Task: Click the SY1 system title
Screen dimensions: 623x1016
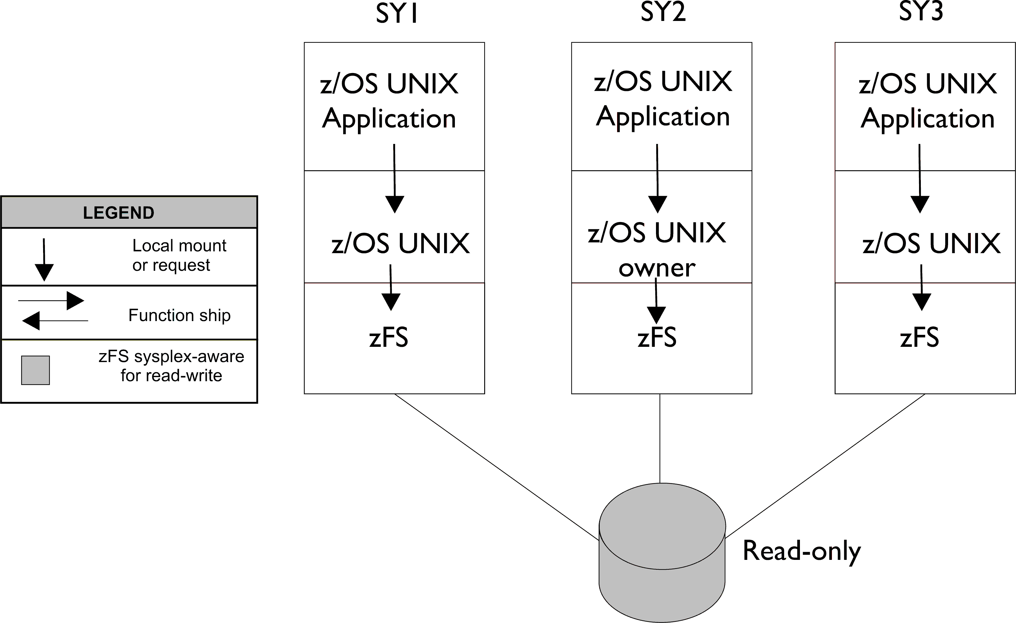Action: click(x=397, y=13)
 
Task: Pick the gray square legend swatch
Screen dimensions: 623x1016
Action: click(x=35, y=370)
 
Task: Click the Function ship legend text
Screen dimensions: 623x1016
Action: click(x=179, y=315)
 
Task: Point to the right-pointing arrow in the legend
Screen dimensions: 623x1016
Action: click(x=51, y=300)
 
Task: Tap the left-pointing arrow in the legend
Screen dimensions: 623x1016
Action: click(x=54, y=320)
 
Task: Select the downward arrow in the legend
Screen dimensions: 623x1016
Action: click(x=44, y=260)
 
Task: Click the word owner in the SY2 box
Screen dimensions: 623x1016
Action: click(x=657, y=268)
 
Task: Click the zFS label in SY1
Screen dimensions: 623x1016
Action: click(x=388, y=337)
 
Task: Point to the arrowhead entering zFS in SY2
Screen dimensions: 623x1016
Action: click(x=656, y=315)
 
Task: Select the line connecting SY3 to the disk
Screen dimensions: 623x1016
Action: click(x=825, y=466)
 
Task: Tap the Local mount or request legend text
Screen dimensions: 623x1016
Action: click(x=179, y=255)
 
